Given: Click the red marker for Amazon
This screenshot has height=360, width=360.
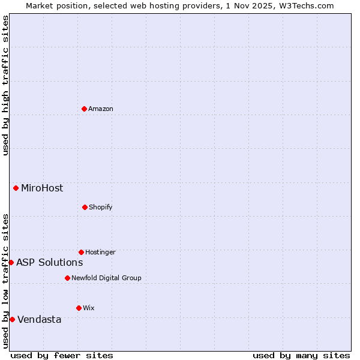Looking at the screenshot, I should (x=84, y=109).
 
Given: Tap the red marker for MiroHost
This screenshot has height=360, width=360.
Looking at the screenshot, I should (x=16, y=188).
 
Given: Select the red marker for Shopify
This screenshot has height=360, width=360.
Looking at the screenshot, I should (x=85, y=207).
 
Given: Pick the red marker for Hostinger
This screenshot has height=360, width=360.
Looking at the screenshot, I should (x=81, y=252).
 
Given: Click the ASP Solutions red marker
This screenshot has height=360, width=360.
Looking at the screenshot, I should (x=11, y=262).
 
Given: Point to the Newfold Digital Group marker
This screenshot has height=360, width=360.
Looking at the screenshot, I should (x=67, y=278).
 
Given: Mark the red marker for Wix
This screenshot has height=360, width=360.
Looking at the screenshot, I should (x=79, y=308).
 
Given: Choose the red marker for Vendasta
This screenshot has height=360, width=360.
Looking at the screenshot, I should (x=12, y=319).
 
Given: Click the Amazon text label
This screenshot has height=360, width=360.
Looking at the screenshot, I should (x=101, y=109).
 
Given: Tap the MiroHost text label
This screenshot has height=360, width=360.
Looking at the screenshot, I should (x=42, y=188).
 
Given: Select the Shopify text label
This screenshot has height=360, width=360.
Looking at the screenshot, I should (x=101, y=207).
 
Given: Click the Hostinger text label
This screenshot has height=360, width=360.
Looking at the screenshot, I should (x=100, y=252).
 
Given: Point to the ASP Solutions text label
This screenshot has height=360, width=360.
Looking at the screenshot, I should (x=50, y=262).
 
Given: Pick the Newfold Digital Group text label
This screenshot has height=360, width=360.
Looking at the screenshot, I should (x=107, y=278).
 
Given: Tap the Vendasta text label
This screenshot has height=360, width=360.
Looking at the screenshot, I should (x=40, y=319).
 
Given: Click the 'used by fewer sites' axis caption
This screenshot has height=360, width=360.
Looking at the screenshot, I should (x=62, y=355).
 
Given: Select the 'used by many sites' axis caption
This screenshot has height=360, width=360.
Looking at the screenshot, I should (x=301, y=355).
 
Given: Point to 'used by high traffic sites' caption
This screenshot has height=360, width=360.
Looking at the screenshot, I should (x=5, y=85).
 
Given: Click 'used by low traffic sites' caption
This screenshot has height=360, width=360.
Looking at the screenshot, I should (x=5, y=281).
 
